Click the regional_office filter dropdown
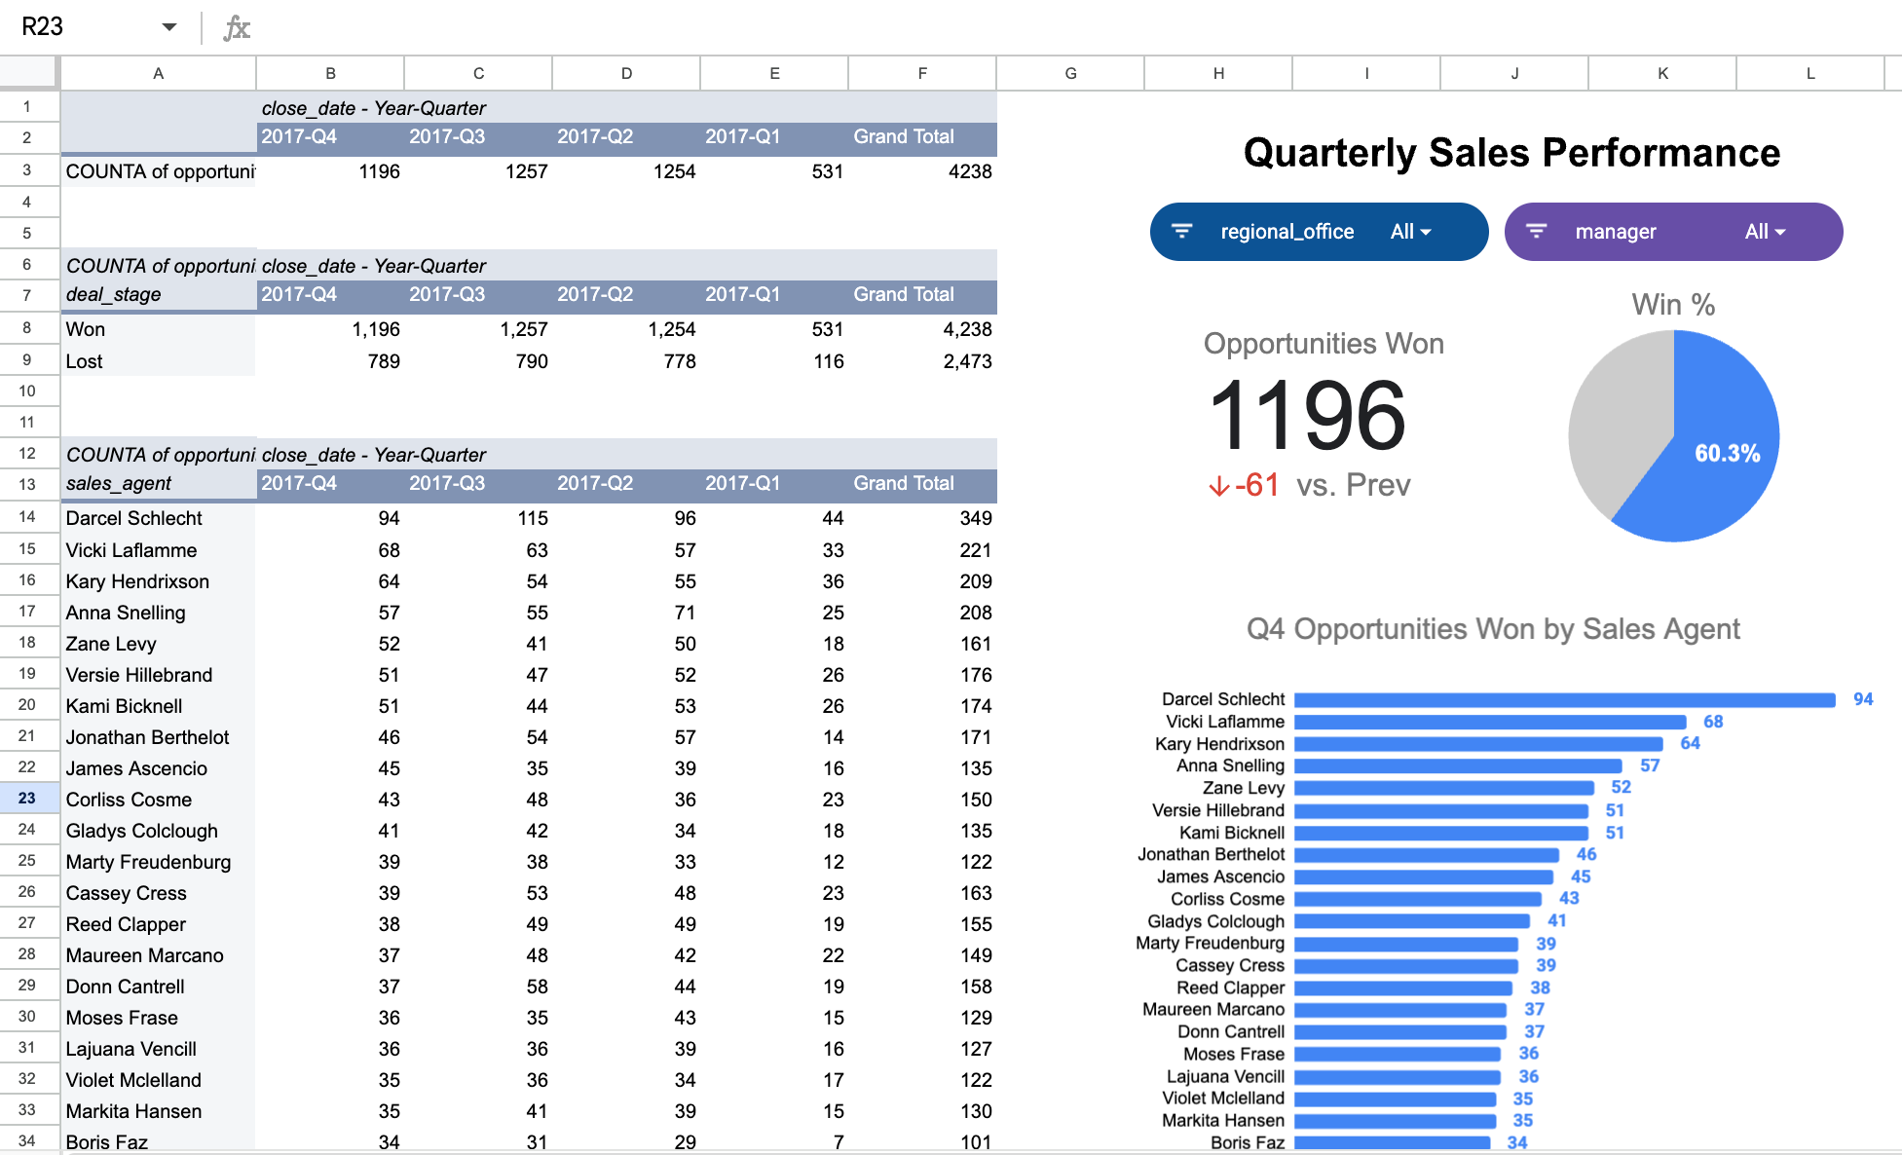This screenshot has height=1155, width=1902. click(x=1319, y=232)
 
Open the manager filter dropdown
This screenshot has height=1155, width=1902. click(x=1673, y=232)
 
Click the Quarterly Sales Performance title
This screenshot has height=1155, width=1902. click(x=1511, y=153)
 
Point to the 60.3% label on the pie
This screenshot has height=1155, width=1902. click(x=1727, y=453)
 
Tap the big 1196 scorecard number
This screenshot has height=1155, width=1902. click(x=1307, y=416)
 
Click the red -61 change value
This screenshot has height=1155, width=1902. click(x=1255, y=485)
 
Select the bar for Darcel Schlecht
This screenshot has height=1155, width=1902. click(x=1564, y=700)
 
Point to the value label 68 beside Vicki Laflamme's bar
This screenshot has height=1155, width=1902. click(x=1713, y=722)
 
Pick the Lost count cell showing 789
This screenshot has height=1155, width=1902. click(x=384, y=361)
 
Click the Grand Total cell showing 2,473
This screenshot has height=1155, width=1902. click(x=967, y=361)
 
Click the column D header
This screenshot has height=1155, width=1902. click(x=626, y=73)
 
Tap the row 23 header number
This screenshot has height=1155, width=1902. click(x=27, y=799)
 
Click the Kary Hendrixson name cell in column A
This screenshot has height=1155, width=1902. click(x=137, y=581)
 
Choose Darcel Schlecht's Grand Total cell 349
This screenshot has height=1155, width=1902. click(x=975, y=518)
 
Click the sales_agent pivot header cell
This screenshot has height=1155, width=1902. click(x=119, y=483)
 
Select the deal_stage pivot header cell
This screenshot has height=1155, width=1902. click(x=114, y=294)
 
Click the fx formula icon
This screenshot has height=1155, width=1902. click(x=237, y=27)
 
